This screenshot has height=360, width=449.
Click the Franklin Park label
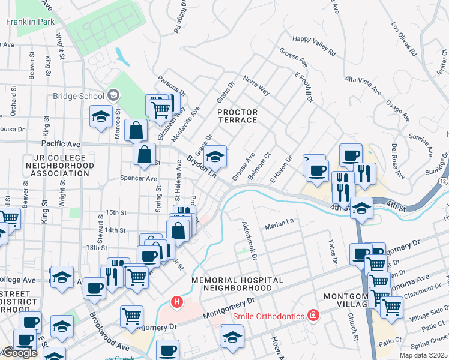tap(30, 22)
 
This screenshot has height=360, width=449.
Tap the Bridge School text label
tap(79, 96)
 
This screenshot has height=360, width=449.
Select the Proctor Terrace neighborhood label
tap(237, 116)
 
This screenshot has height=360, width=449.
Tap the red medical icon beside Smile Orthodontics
tap(312, 314)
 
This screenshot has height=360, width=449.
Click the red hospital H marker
tap(176, 301)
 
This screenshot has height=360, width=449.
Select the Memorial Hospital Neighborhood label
tap(237, 284)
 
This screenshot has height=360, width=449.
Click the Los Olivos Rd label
tap(403, 40)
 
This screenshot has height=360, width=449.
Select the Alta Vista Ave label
tap(363, 86)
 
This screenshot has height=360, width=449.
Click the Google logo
tap(20, 353)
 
